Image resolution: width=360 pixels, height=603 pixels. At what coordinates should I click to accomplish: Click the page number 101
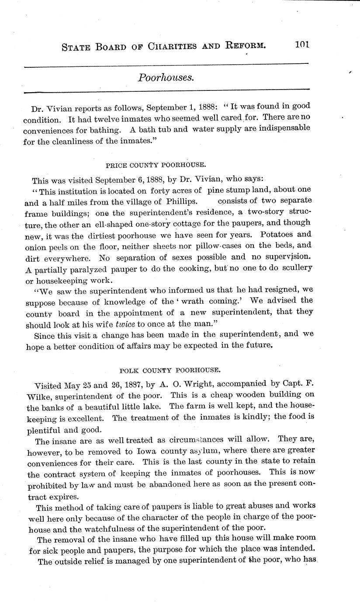tap(302, 45)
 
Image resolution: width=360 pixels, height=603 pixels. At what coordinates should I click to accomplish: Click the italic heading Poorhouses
tap(166, 77)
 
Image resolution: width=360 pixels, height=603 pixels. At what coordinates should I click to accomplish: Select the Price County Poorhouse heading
tap(156, 165)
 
